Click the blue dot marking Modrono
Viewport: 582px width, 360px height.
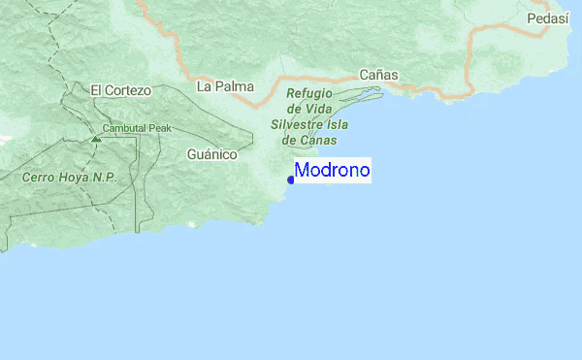coord(291,180)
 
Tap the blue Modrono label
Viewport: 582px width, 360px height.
coord(332,171)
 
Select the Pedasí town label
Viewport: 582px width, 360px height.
coord(546,18)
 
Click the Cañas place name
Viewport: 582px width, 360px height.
coord(378,74)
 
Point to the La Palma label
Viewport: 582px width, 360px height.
coord(225,85)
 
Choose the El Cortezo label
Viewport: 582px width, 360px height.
coord(120,90)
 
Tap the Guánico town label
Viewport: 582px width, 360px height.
coord(211,153)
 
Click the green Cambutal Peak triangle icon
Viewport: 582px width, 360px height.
coord(95,138)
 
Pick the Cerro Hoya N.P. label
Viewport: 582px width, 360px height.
coord(69,178)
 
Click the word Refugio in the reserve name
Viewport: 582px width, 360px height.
coord(309,94)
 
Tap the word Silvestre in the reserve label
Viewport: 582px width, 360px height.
coord(297,125)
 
